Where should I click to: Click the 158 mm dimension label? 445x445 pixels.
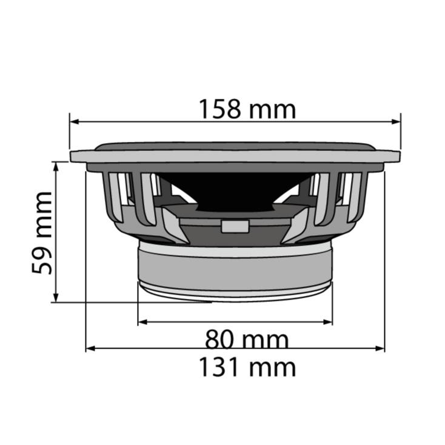[x=247, y=110]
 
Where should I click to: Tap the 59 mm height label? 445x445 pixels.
[x=42, y=232]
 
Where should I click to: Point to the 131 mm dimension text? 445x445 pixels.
[x=247, y=367]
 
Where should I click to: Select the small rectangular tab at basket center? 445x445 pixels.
[x=235, y=226]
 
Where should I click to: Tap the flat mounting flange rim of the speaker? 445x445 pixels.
[x=235, y=156]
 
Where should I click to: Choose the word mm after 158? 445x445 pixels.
[x=272, y=110]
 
